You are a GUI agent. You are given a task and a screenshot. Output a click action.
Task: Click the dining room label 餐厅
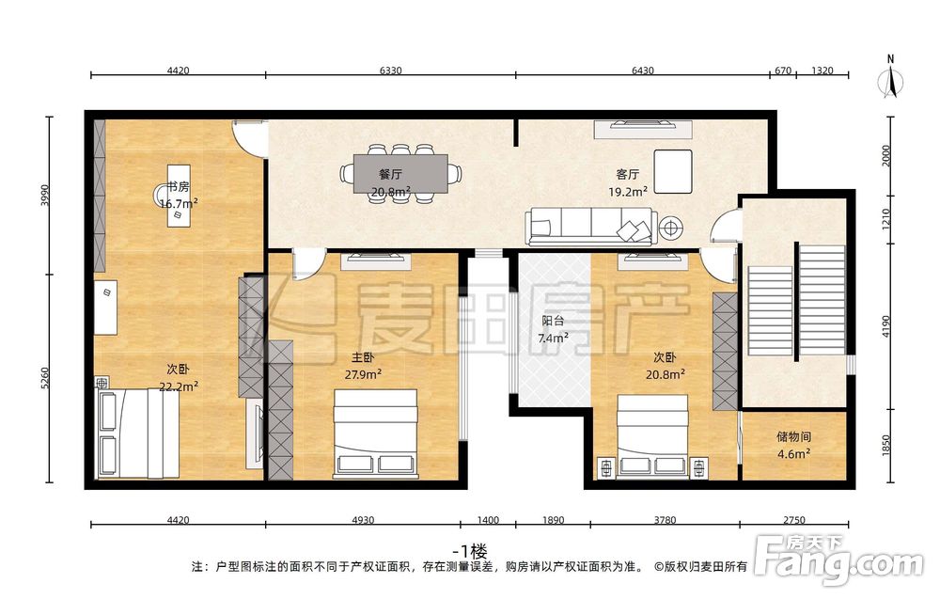point(390,174)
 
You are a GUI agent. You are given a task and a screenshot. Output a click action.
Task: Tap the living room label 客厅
point(627,174)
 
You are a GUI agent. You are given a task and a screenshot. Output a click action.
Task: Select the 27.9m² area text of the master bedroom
point(363,375)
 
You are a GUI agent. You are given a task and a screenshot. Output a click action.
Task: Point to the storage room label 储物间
point(793,436)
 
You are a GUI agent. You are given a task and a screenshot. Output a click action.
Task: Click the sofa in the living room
point(591,227)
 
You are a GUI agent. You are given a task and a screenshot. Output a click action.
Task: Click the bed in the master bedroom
point(375,433)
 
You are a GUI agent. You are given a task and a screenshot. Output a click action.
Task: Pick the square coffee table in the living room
point(673,171)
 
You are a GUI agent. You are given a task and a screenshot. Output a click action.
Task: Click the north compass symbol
point(891,79)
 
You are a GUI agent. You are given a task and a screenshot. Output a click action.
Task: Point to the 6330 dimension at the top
point(390,71)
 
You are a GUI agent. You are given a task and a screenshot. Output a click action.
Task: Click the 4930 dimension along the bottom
point(363,520)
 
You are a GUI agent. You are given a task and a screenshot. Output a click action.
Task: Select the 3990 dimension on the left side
point(44,196)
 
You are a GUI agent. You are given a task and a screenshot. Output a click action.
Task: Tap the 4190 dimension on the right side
point(886,326)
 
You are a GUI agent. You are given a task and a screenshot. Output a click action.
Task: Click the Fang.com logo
point(838,560)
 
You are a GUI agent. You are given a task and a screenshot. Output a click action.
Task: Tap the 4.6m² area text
point(793,454)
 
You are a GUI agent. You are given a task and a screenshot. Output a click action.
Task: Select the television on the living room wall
point(643,124)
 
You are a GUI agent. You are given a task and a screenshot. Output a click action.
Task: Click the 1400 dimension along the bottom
point(488,520)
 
